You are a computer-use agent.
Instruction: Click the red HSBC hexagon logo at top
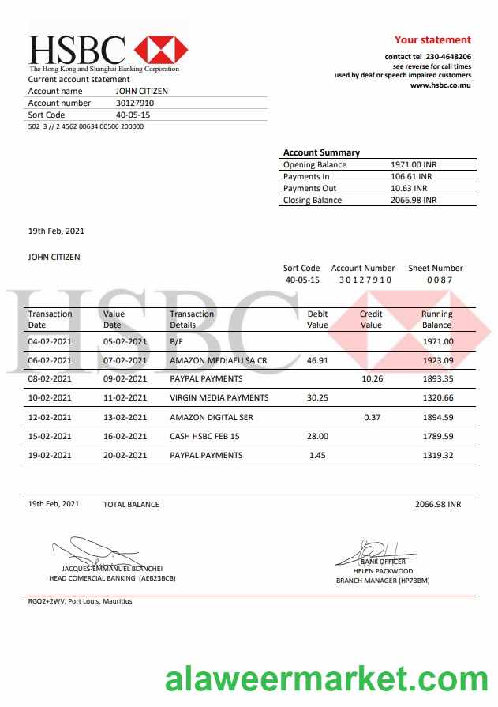161,50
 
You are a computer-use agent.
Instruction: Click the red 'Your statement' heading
432,39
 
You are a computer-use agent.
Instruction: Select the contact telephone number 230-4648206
448,57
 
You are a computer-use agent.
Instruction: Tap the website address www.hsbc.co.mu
440,85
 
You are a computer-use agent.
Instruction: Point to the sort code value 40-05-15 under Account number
133,115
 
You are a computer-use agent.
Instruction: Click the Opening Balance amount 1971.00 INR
414,164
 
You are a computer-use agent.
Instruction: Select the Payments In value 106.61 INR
412,176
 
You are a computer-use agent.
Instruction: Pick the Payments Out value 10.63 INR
409,188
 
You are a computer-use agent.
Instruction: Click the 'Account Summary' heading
321,152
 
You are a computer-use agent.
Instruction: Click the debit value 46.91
317,360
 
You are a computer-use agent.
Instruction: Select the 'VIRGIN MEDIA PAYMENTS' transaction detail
219,397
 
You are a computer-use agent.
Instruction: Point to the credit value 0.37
373,417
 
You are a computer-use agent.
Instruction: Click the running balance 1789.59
437,436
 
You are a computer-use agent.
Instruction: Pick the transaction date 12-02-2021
50,417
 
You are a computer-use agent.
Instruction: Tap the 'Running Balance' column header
436,319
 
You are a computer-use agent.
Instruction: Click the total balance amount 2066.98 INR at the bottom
437,504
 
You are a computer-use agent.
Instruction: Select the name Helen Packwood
383,570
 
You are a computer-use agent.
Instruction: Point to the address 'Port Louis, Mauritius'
100,601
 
